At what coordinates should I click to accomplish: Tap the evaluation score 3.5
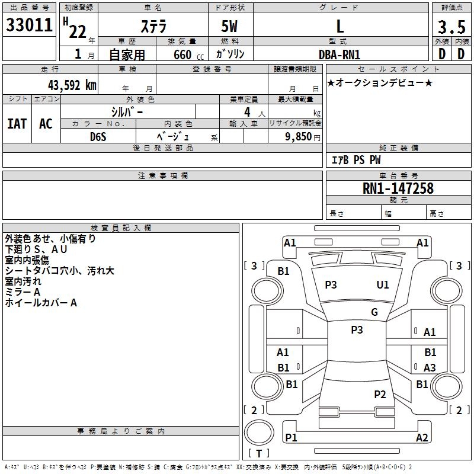click(x=451, y=27)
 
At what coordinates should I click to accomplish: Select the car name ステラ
click(x=153, y=26)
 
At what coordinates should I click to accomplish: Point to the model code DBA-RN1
click(x=340, y=54)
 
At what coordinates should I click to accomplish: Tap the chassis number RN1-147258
click(x=398, y=188)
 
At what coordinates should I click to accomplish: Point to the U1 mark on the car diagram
click(x=383, y=285)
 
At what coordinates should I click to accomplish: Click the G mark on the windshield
click(x=374, y=312)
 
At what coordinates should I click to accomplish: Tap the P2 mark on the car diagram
click(x=380, y=395)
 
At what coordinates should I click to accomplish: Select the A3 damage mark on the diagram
click(x=430, y=368)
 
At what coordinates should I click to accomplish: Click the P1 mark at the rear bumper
click(x=291, y=438)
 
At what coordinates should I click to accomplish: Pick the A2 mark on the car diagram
click(x=422, y=438)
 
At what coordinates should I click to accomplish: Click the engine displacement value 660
click(x=182, y=55)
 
